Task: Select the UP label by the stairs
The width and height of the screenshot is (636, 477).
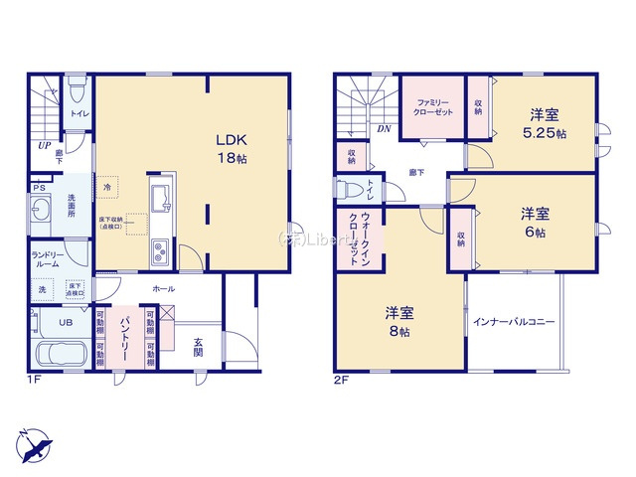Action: tap(45, 145)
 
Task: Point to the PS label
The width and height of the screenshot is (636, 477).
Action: tap(39, 187)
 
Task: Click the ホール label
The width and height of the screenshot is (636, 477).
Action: tap(164, 288)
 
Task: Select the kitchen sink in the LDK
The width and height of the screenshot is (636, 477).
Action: tap(161, 195)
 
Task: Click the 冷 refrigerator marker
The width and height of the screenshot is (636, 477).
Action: tap(106, 186)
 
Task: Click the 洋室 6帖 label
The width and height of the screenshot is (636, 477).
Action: tap(535, 223)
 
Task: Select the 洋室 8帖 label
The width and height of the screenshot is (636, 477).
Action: tap(398, 323)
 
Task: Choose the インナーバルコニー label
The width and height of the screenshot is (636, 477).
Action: tap(514, 322)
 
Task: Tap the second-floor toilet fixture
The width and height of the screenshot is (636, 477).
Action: tap(350, 189)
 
